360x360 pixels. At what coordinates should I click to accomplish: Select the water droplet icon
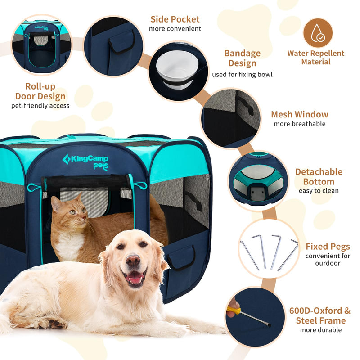(x=318, y=32)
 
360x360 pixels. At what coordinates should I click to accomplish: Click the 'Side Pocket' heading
(x=175, y=19)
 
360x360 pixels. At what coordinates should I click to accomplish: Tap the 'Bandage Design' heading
(x=242, y=58)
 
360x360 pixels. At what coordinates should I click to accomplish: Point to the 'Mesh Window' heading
(x=299, y=114)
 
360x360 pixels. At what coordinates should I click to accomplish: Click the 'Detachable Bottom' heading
(x=318, y=176)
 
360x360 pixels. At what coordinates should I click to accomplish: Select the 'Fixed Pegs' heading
(x=328, y=247)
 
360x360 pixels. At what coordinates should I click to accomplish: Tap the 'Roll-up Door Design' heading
(x=40, y=91)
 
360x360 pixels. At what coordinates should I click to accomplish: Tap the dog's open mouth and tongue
(x=135, y=279)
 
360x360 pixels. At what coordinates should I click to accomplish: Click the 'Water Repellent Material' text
(x=315, y=57)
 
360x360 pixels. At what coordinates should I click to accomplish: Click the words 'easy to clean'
(x=319, y=191)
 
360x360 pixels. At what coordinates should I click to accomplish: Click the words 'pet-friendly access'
(x=40, y=106)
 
